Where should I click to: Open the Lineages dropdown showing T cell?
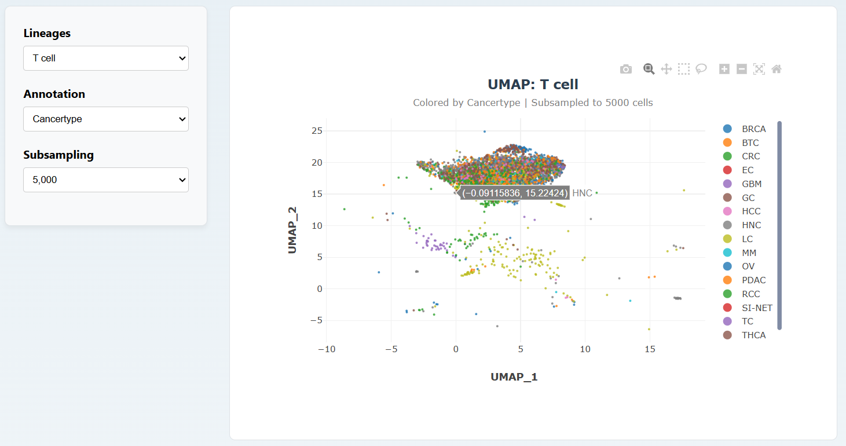click(106, 59)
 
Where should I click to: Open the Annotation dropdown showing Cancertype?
click(106, 119)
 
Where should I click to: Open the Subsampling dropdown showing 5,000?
click(106, 180)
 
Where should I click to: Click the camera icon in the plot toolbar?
click(626, 70)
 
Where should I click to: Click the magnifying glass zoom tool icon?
click(649, 70)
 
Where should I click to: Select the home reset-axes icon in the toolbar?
click(777, 70)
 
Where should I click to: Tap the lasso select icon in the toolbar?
click(701, 70)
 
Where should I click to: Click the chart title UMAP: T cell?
click(533, 85)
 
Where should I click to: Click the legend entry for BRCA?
click(753, 129)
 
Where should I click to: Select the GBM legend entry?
click(752, 184)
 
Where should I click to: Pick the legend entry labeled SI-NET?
click(757, 308)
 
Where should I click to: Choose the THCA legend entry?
click(753, 335)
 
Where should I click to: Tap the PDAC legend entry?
click(753, 280)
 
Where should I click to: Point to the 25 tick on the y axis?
click(316, 131)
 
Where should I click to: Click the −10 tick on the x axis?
click(327, 349)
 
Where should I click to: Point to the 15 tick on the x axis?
click(650, 349)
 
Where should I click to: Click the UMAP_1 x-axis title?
click(514, 377)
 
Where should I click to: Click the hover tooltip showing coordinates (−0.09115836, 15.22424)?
click(515, 193)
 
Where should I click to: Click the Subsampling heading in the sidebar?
click(58, 155)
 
